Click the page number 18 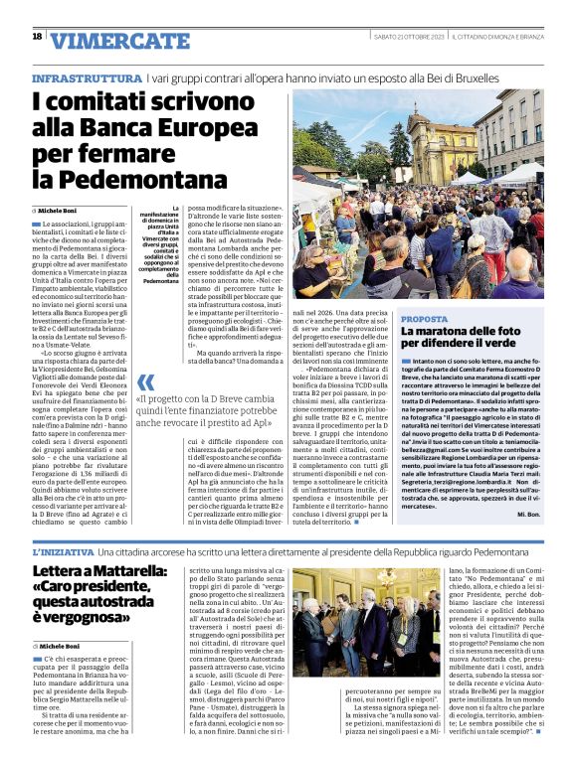coord(37,37)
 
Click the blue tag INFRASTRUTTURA coord(87,77)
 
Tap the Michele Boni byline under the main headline coord(64,212)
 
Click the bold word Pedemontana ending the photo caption coord(161,281)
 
